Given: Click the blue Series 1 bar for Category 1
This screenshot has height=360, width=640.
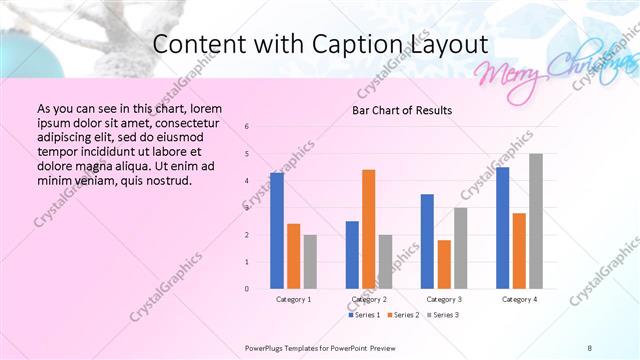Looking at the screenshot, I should (277, 230).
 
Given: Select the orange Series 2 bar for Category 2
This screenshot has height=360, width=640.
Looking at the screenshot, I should (368, 229).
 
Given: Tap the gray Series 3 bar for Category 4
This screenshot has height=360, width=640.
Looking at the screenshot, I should (536, 221).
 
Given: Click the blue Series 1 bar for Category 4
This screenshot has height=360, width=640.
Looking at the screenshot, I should (502, 228).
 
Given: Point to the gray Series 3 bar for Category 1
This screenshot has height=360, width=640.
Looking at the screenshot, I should (310, 261).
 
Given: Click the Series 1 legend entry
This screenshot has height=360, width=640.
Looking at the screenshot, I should (364, 315).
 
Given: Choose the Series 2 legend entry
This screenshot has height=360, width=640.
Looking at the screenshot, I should (402, 315).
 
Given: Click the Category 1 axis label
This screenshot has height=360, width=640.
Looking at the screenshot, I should (293, 299).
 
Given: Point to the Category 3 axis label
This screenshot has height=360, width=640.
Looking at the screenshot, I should (444, 299).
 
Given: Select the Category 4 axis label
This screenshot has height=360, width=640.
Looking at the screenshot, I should (519, 299).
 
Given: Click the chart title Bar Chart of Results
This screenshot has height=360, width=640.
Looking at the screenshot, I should (402, 110).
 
